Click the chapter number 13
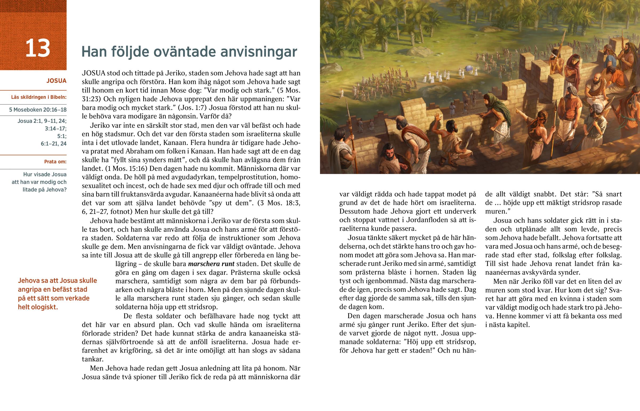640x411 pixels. click(38, 48)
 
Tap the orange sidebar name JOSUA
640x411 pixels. click(56, 81)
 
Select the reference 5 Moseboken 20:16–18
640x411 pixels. click(38, 110)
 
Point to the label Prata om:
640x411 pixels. click(55, 162)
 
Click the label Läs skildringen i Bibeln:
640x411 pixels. click(39, 97)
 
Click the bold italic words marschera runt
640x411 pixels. click(211, 264)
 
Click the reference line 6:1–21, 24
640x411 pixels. click(53, 144)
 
